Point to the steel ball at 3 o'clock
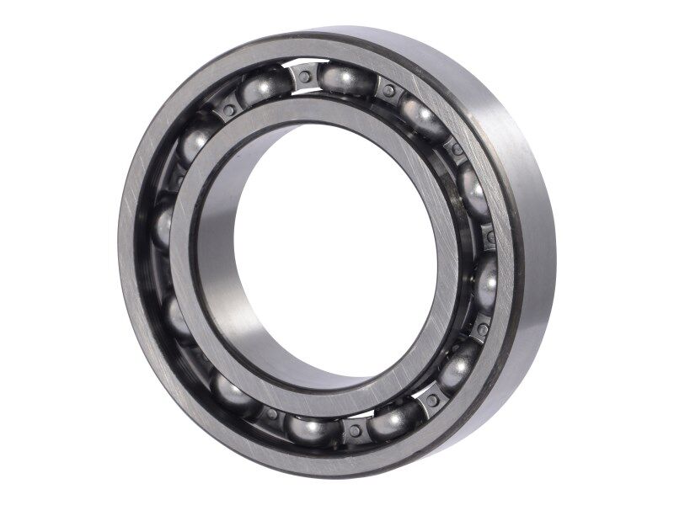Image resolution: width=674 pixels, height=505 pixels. [x=487, y=282]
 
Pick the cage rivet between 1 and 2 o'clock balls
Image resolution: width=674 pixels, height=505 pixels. [x=456, y=150]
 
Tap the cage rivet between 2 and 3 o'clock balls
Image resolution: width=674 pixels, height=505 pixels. [x=489, y=237]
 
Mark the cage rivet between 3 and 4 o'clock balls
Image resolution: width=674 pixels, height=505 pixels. [x=483, y=327]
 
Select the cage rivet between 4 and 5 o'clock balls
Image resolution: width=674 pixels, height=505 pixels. [x=432, y=400]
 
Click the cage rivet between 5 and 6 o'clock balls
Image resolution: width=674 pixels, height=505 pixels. [x=355, y=431]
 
